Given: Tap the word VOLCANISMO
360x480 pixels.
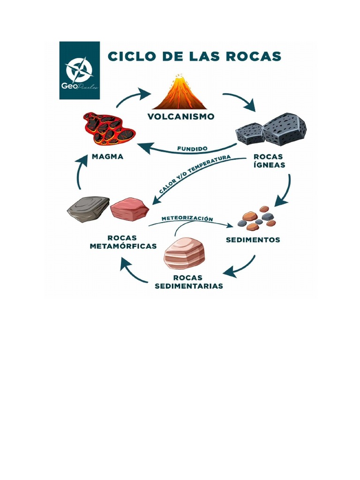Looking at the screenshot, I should point(181,116).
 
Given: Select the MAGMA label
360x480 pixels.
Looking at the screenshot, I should point(108,157).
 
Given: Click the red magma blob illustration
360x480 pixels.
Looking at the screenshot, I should point(109,128).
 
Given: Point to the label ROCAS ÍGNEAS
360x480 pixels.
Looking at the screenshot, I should point(269,161).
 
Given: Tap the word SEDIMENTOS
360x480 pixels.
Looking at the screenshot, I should point(253,240).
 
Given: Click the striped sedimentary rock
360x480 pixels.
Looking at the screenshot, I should point(184,253).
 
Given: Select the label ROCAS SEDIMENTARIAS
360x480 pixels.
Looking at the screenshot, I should point(188,282).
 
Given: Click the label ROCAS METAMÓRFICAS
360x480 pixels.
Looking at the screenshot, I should point(123,242).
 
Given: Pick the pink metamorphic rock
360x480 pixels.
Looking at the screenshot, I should point(129,209).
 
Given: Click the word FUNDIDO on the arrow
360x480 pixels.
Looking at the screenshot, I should point(192,149).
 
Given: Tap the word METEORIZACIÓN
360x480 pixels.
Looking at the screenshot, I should point(187,218).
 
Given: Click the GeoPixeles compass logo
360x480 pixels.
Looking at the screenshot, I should point(79,70).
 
